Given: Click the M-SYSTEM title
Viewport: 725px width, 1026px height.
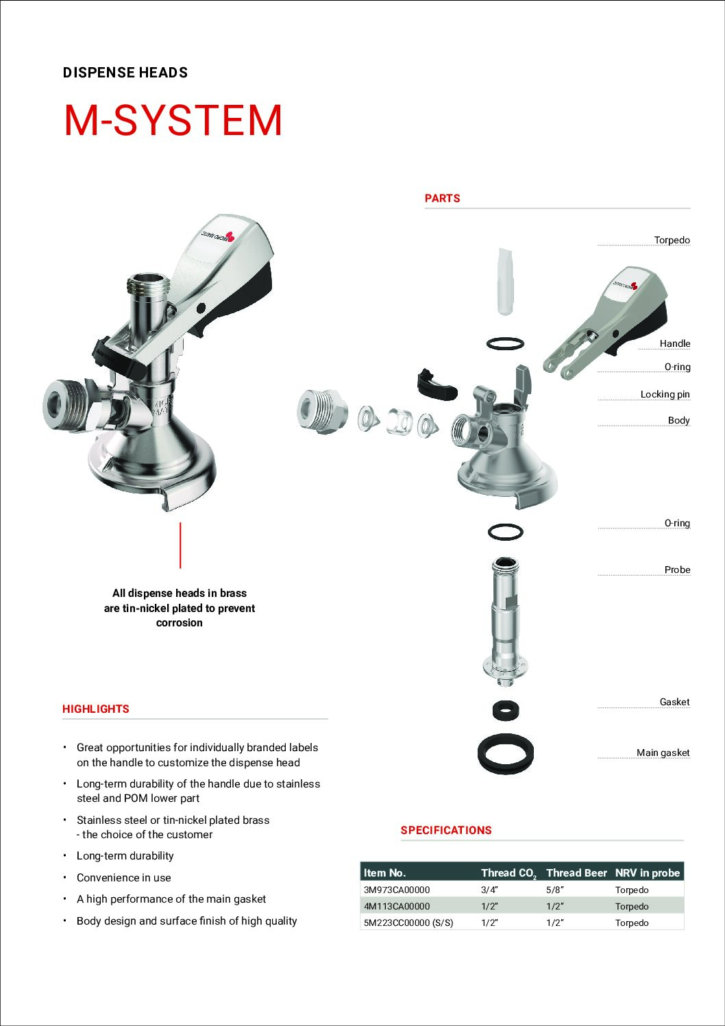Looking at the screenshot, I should pyautogui.click(x=173, y=121).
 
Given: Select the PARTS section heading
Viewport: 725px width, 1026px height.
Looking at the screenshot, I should pyautogui.click(x=442, y=198).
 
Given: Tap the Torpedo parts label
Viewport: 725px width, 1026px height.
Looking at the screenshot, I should pyautogui.click(x=672, y=240).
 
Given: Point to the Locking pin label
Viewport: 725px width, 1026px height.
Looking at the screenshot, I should pyautogui.click(x=665, y=394).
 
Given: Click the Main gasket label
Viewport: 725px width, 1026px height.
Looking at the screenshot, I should pyautogui.click(x=663, y=753).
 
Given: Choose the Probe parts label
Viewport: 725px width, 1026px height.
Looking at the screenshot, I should pyautogui.click(x=677, y=570).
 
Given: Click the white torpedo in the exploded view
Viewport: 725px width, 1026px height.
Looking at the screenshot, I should pyautogui.click(x=504, y=282).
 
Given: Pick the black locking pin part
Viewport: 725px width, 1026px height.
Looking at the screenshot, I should pyautogui.click(x=436, y=384).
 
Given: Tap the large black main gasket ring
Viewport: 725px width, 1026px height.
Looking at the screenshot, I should pyautogui.click(x=506, y=754).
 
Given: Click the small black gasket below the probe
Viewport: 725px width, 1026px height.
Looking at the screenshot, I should pyautogui.click(x=506, y=710).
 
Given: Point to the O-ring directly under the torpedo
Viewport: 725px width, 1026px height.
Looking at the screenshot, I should pyautogui.click(x=506, y=343).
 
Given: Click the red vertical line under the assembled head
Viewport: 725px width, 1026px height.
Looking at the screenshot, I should pyautogui.click(x=180, y=545).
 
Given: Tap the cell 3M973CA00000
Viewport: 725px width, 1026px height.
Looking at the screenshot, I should pyautogui.click(x=397, y=890).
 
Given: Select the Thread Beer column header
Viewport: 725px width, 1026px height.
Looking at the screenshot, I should pyautogui.click(x=576, y=872).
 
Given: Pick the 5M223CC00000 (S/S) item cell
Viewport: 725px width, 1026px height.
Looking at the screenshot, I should pyautogui.click(x=408, y=923).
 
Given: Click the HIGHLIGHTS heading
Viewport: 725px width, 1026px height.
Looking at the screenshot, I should pyautogui.click(x=96, y=709).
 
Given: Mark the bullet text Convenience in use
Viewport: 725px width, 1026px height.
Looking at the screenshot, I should pyautogui.click(x=124, y=877).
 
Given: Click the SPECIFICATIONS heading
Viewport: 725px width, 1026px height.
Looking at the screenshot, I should pyautogui.click(x=446, y=830).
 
